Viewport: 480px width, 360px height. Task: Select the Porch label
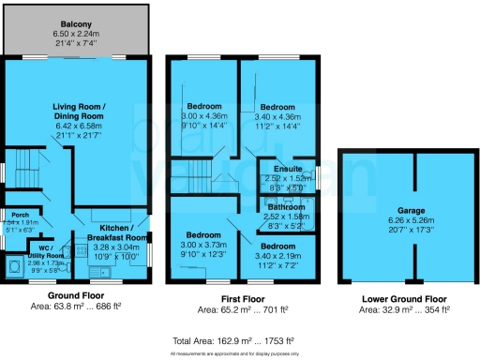[14, 214]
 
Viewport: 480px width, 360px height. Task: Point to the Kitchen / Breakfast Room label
[112, 233]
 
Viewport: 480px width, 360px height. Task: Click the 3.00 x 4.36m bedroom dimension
[202, 116]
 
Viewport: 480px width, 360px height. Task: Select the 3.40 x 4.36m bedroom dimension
[277, 116]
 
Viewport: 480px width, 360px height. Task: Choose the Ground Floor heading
[77, 296]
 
